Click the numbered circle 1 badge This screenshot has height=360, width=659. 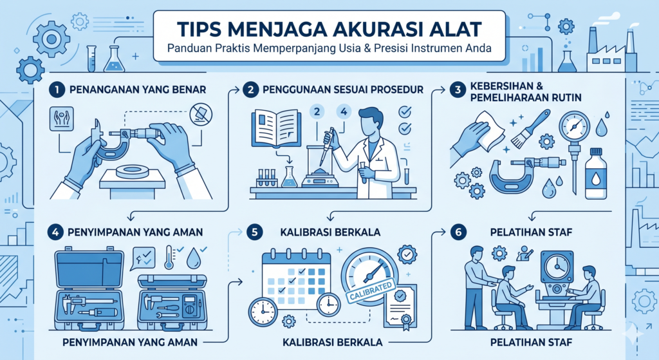(57, 90)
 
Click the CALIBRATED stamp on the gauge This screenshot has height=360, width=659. (371, 291)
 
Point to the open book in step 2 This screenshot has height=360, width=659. (276, 128)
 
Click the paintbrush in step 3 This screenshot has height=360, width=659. (530, 128)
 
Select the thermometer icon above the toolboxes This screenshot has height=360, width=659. (169, 258)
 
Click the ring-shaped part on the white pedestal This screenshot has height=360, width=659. (133, 171)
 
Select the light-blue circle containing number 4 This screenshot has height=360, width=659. (344, 111)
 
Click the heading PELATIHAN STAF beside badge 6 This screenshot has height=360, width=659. (531, 232)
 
